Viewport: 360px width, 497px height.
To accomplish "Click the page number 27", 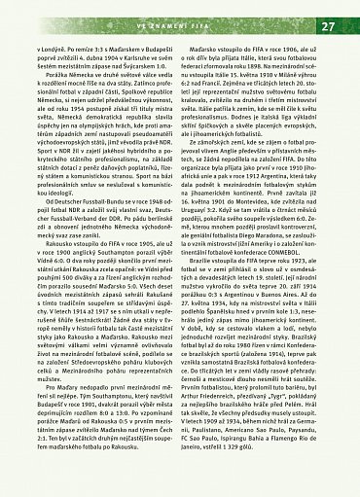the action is pos(327,25).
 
